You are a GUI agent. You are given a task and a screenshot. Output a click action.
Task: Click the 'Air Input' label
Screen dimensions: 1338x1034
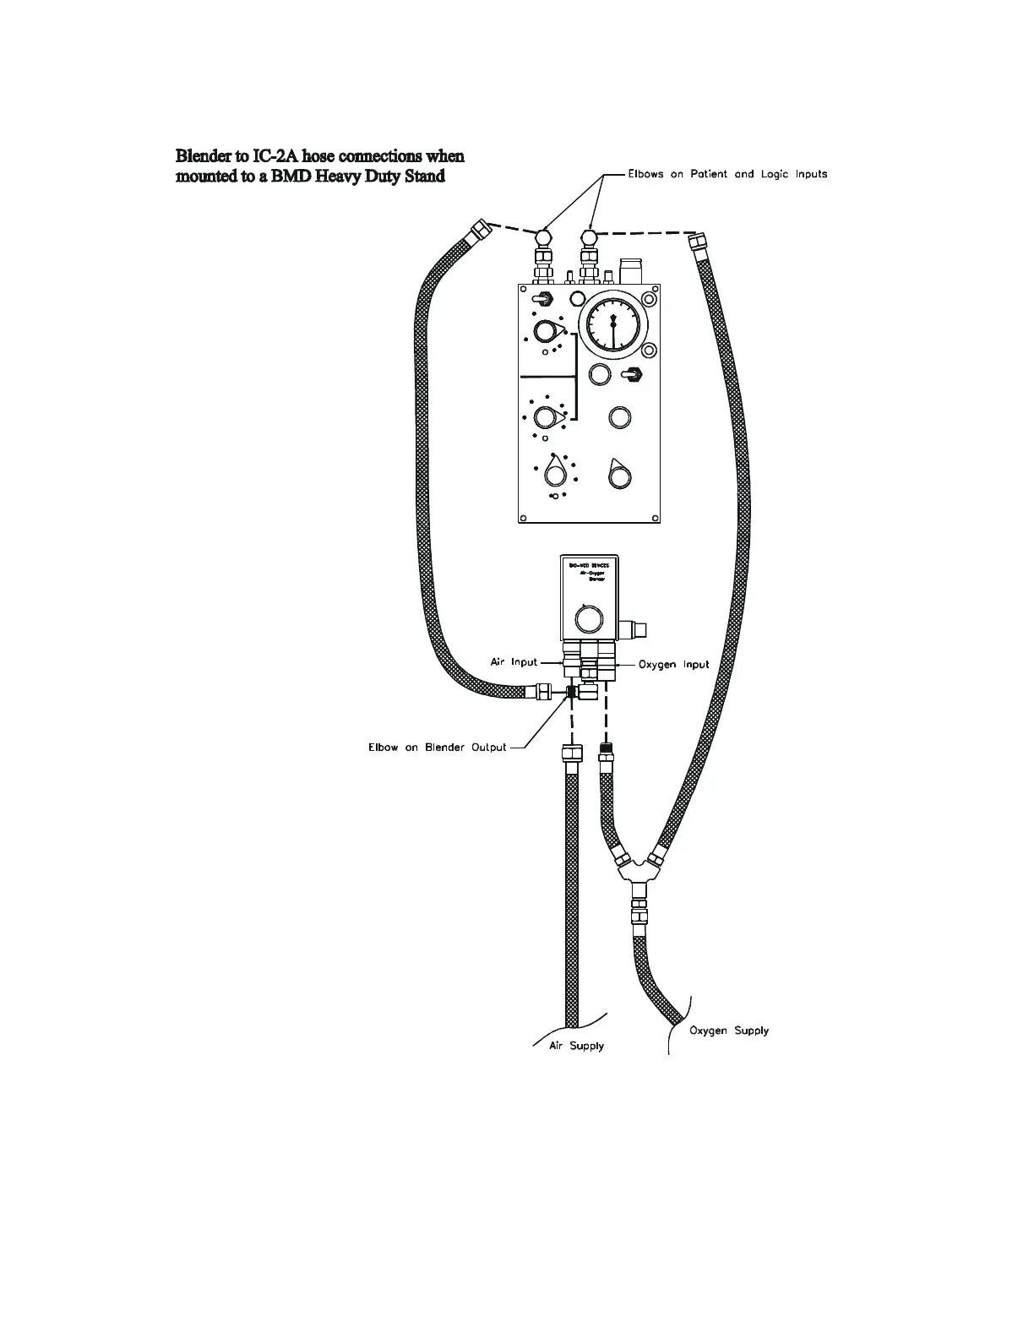pyautogui.click(x=514, y=662)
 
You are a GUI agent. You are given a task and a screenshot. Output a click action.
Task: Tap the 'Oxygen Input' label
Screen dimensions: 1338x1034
pyautogui.click(x=673, y=665)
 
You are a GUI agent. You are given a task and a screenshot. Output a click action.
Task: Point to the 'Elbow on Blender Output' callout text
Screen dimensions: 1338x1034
pyautogui.click(x=438, y=748)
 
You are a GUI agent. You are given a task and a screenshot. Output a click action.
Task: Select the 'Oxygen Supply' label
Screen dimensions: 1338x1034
pyautogui.click(x=729, y=1031)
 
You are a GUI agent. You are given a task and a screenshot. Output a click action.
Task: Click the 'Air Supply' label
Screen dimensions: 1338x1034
pyautogui.click(x=576, y=1046)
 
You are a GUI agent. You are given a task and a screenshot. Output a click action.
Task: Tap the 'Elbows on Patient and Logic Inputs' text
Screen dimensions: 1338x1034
pyautogui.click(x=727, y=174)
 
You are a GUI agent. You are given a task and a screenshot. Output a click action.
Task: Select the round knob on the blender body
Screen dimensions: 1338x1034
pyautogui.click(x=588, y=619)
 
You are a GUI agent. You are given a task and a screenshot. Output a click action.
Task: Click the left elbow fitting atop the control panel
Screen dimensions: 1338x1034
pyautogui.click(x=541, y=236)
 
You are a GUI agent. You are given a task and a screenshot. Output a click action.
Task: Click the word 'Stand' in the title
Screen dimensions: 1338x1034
pyautogui.click(x=422, y=177)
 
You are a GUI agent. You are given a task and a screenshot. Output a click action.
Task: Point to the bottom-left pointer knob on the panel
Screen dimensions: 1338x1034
pyautogui.click(x=554, y=472)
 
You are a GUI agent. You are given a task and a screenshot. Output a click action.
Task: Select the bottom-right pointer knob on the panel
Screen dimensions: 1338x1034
pyautogui.click(x=619, y=476)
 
